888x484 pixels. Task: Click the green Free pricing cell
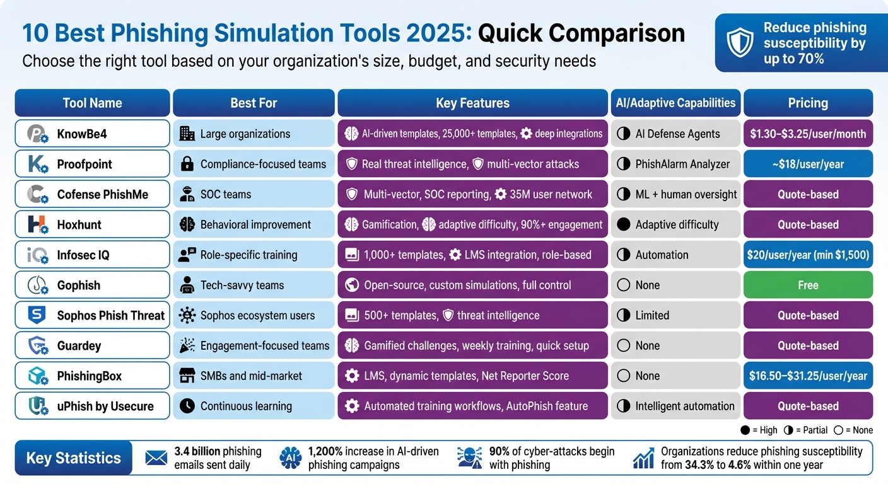click(808, 285)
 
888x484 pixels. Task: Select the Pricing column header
click(808, 103)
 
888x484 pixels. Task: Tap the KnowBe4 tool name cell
click(92, 134)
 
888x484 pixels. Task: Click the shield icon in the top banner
click(740, 42)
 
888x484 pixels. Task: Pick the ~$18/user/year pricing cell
click(808, 164)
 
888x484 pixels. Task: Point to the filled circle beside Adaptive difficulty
click(624, 224)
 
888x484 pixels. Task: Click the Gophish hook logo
click(37, 285)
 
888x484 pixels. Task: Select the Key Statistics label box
click(73, 458)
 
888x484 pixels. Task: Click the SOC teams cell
click(254, 194)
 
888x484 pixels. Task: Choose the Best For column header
click(254, 103)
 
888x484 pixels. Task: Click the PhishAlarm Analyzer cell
click(675, 164)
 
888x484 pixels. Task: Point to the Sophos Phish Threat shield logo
click(37, 315)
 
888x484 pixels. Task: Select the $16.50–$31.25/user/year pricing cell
click(808, 376)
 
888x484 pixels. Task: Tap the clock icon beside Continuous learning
click(187, 406)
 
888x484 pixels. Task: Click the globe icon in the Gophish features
click(352, 285)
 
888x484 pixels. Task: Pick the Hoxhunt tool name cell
click(92, 224)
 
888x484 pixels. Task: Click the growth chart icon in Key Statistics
click(643, 458)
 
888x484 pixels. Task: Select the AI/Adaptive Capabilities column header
click(675, 103)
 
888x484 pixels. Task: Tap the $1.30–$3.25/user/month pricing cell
click(808, 134)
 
